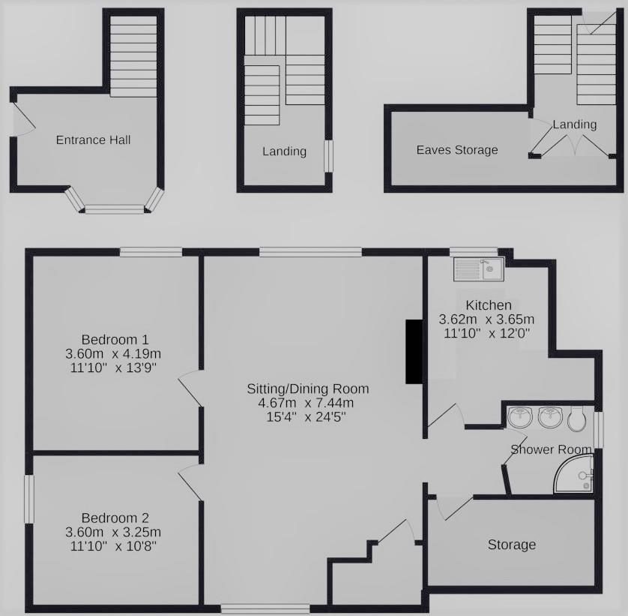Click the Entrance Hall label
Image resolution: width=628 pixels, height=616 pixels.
tap(88, 140)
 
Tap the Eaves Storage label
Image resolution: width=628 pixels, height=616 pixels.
tap(457, 150)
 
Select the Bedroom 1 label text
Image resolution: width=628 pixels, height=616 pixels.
tap(115, 338)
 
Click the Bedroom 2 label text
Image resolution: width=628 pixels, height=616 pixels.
tap(115, 518)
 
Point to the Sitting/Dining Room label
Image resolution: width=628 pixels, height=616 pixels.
tap(308, 389)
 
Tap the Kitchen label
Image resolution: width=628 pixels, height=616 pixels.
tap(489, 305)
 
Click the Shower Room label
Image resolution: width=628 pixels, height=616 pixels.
tap(551, 449)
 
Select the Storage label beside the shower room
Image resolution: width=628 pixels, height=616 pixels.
tap(512, 544)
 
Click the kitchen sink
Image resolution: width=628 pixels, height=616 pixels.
tap(479, 268)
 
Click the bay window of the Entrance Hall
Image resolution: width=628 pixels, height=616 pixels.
tap(113, 208)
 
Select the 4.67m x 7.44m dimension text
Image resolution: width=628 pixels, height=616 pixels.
tap(308, 403)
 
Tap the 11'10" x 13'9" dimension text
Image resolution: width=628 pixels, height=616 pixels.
tap(115, 367)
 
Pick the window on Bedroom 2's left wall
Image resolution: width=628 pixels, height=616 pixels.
tap(28, 498)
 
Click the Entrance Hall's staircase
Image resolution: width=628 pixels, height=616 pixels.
tap(135, 56)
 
